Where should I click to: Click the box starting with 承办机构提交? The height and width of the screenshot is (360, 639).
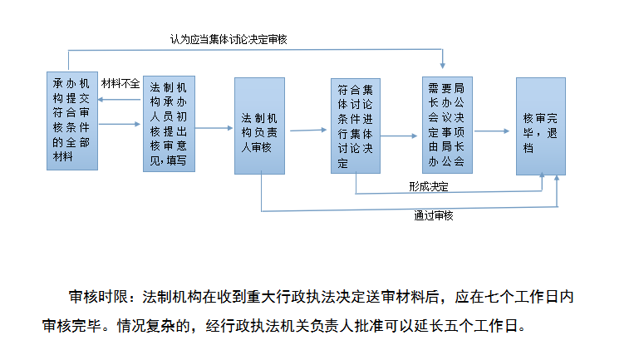[x=72, y=121]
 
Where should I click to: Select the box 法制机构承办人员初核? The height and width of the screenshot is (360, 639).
[x=169, y=124]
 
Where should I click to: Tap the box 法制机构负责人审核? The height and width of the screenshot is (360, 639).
[x=259, y=126]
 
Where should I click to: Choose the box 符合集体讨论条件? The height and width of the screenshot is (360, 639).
[x=356, y=126]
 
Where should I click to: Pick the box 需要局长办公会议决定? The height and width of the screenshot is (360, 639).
[x=447, y=126]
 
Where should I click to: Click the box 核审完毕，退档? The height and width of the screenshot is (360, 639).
[x=541, y=126]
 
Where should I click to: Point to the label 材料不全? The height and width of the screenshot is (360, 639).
[x=120, y=84]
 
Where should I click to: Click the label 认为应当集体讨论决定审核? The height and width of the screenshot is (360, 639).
[x=229, y=40]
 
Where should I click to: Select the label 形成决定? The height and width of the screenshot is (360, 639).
[x=429, y=186]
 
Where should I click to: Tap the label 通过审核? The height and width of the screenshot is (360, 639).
[x=434, y=215]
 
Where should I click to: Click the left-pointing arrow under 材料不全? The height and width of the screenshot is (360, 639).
[x=120, y=100]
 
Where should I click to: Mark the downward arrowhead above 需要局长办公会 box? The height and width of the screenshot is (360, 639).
[x=443, y=65]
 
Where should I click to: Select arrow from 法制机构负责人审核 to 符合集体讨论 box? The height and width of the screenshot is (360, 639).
[x=308, y=131]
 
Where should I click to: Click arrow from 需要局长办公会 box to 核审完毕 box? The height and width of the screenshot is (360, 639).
[x=492, y=131]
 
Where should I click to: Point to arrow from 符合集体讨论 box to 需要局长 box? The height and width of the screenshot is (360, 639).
[x=399, y=136]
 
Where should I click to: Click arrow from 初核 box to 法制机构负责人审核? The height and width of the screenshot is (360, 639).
[x=214, y=128]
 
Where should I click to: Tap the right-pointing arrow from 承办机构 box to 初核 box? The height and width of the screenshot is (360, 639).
[x=120, y=124]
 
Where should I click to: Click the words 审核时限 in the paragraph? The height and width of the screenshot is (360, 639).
[x=98, y=297]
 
